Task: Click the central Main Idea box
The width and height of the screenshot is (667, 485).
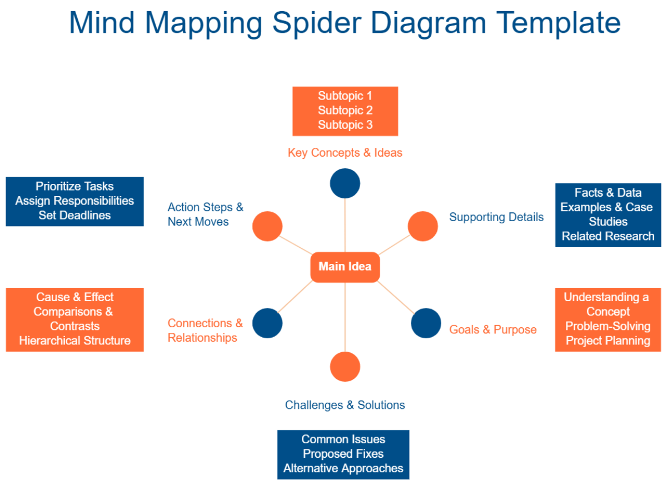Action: (345, 267)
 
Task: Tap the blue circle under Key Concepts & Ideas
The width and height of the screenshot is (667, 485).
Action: (345, 183)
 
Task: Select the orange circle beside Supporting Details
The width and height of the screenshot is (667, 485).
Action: (423, 226)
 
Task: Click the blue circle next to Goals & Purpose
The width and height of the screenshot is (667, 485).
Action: (426, 323)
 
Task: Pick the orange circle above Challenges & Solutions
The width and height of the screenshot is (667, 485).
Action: (345, 367)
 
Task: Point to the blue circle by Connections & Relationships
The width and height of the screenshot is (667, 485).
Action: (267, 323)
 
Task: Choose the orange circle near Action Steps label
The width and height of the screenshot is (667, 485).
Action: (267, 226)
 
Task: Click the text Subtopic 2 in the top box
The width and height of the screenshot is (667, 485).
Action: (345, 111)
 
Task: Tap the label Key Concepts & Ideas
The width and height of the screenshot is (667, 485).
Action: (345, 152)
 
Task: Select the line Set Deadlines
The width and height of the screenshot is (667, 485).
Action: (74, 216)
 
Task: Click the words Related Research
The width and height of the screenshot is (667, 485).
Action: (608, 236)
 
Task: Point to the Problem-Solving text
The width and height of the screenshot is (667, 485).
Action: (608, 327)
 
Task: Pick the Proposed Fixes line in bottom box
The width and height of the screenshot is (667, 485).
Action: (344, 454)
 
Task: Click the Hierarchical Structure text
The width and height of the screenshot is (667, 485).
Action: (74, 341)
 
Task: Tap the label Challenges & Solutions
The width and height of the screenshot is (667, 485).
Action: (345, 405)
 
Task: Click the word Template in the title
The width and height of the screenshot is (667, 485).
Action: (558, 23)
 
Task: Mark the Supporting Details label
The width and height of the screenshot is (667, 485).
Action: (496, 217)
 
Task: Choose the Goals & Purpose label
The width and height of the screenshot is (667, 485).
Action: (493, 330)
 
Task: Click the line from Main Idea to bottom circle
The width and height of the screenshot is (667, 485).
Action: (345, 317)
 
